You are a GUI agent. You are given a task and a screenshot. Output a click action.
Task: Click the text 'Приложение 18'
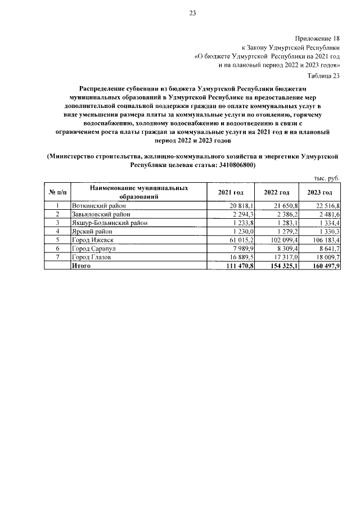point(318,39)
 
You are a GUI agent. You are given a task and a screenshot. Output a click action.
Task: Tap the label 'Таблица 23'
point(324,75)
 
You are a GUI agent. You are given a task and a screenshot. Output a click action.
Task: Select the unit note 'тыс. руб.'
point(327,178)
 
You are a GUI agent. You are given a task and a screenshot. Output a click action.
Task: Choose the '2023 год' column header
point(320,192)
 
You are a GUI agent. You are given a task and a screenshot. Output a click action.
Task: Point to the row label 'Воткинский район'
point(99,206)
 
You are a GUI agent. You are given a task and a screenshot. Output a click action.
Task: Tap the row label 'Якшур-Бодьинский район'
point(110,223)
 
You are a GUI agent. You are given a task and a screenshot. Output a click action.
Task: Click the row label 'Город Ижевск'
point(93,240)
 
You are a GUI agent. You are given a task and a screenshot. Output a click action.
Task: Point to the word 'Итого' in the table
point(82,265)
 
